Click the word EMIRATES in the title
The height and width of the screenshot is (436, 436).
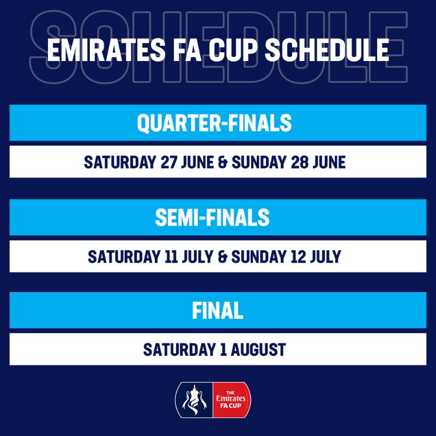click(x=106, y=50)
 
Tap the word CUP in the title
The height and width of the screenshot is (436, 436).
click(x=233, y=50)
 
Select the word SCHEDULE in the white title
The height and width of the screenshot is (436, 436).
click(x=326, y=50)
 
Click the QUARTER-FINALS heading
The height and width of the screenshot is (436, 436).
click(x=214, y=123)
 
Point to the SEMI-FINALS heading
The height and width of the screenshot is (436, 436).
click(x=212, y=217)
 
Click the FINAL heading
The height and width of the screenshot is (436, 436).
click(x=217, y=310)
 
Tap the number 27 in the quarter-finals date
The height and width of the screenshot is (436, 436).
click(x=169, y=162)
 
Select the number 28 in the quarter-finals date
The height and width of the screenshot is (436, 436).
click(x=299, y=162)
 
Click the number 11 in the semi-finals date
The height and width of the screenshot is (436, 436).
click(x=171, y=256)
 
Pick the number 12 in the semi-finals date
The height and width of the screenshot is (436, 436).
click(x=298, y=256)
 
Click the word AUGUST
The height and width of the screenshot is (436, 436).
click(x=258, y=349)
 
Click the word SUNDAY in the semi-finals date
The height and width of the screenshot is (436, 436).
click(x=259, y=256)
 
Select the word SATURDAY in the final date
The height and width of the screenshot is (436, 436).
click(x=180, y=349)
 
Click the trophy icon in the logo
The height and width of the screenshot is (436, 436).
click(x=195, y=399)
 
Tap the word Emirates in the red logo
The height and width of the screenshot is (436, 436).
click(x=231, y=398)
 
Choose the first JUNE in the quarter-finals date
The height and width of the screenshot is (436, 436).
click(x=198, y=162)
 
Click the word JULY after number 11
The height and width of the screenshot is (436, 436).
click(x=198, y=256)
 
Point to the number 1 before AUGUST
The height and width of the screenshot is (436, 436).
click(x=223, y=349)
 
